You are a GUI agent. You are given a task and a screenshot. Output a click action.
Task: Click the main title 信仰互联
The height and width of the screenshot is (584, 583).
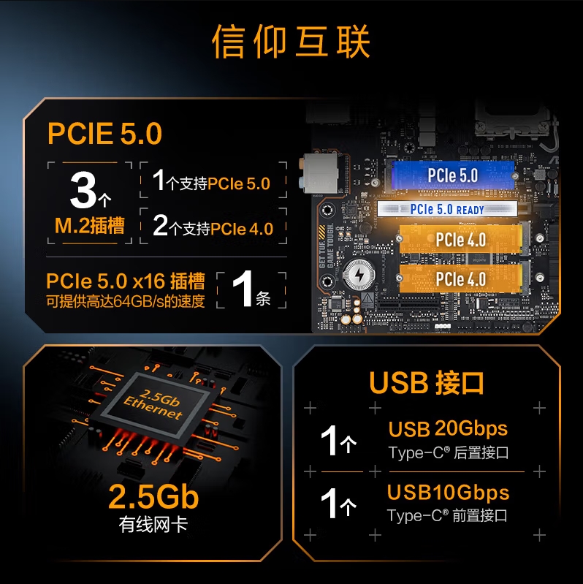(291, 42)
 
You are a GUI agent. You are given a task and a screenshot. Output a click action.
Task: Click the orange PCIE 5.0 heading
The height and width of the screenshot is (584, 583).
(104, 133)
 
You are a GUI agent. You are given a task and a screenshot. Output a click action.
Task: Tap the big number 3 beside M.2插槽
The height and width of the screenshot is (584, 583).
(83, 190)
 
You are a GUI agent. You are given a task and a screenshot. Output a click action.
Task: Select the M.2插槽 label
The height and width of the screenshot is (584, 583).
(89, 226)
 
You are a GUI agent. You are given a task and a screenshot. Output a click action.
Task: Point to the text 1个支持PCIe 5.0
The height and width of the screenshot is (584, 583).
(211, 181)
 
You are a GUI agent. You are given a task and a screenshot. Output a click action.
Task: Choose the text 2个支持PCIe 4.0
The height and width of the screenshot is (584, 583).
(213, 226)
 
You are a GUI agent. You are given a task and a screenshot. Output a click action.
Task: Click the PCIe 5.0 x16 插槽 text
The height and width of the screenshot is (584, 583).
(126, 281)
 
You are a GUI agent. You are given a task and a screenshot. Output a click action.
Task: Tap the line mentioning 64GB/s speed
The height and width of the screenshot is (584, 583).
(126, 301)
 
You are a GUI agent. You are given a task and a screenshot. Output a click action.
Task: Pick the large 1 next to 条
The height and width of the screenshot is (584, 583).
(243, 289)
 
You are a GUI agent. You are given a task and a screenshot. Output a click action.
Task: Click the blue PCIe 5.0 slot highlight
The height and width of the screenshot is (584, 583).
(453, 175)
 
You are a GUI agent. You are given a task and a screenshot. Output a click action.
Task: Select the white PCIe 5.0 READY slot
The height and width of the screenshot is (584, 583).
(447, 209)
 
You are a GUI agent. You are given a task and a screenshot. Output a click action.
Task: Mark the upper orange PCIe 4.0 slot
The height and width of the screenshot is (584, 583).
(461, 240)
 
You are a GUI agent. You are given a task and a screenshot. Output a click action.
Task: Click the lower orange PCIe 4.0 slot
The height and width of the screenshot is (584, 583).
(461, 279)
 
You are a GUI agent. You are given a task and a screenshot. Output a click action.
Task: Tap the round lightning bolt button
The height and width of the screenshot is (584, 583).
(359, 275)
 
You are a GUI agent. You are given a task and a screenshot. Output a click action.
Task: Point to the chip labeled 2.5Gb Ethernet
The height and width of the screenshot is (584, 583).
(153, 404)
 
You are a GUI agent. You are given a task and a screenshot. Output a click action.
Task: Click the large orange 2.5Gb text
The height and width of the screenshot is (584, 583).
(153, 497)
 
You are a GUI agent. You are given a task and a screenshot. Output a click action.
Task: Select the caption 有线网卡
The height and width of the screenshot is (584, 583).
(153, 524)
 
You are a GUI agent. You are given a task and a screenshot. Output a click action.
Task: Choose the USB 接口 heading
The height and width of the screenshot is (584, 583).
(426, 383)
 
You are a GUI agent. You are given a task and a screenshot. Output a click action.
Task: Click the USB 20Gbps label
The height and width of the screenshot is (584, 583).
(448, 429)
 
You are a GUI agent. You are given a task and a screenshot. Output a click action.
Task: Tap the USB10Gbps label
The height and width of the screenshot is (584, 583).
(448, 493)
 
